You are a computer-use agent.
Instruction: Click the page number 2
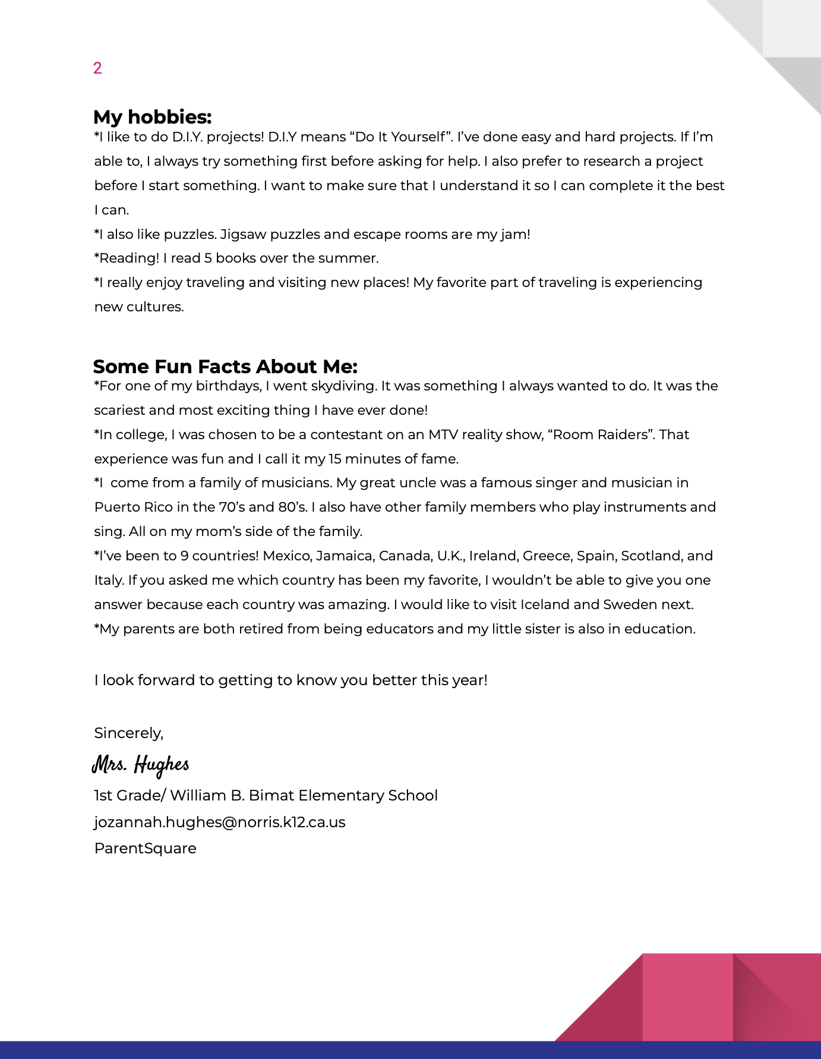coord(97,68)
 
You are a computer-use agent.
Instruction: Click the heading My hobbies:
coord(152,117)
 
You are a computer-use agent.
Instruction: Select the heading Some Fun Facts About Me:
coord(225,367)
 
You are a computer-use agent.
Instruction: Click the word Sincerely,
coord(128,733)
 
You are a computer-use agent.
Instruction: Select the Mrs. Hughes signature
coord(141,764)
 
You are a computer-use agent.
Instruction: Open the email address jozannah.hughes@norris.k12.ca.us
coord(220,822)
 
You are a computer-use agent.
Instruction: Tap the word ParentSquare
coord(145,848)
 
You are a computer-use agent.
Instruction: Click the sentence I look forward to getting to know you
coord(290,680)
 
